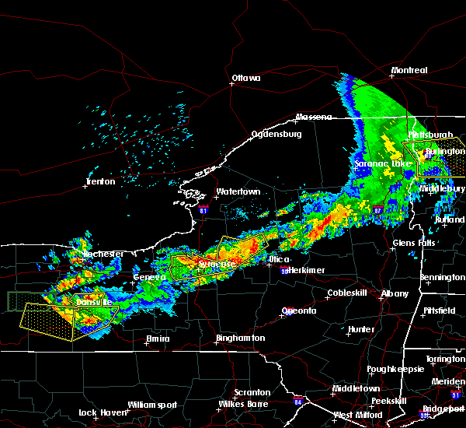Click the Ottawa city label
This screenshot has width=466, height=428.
tap(247, 78)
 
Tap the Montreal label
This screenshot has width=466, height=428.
tap(409, 71)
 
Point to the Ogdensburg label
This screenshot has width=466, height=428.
tap(275, 135)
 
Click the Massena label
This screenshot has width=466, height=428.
tap(314, 118)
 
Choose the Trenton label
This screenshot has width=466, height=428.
tap(100, 182)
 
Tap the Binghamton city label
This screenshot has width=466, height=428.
tap(240, 339)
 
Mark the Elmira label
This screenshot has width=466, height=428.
tap(158, 339)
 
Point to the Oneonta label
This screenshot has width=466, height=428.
tap(298, 311)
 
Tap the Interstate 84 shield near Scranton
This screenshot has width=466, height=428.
tap(298, 402)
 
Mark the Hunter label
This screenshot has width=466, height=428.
tap(361, 329)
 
